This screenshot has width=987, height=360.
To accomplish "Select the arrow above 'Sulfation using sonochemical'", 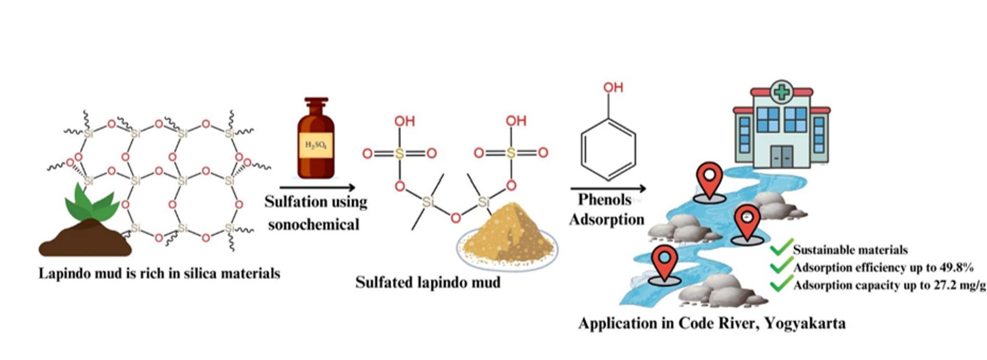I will (317, 187).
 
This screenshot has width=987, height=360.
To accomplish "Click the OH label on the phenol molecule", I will (613, 87).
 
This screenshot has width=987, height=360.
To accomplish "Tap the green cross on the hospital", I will (781, 93).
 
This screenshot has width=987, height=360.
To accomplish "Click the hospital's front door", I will (782, 156).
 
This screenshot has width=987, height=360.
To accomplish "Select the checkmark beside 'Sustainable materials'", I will (781, 247).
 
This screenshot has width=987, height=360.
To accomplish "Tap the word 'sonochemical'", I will (313, 225).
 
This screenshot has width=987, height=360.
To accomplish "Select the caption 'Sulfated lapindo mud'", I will (427, 282).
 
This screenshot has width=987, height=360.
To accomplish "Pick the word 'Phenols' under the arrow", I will (604, 200).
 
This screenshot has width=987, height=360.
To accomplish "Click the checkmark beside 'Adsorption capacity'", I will (781, 284).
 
